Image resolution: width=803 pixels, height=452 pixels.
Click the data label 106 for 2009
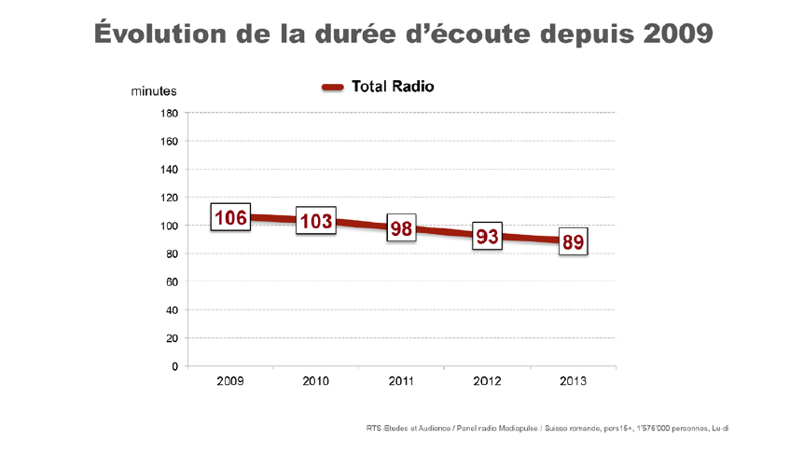click(x=230, y=218)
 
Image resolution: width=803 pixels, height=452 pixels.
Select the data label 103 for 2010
click(x=316, y=221)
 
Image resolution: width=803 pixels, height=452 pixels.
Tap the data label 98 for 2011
click(x=401, y=228)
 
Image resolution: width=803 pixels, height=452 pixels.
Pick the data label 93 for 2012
click(x=487, y=237)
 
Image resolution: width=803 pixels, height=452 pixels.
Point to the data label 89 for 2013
click(x=573, y=242)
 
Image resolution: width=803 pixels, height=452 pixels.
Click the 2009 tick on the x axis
click(x=230, y=382)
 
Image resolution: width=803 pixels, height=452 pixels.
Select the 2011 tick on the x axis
click(x=401, y=382)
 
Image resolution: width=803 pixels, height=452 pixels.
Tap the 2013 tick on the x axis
click(x=573, y=382)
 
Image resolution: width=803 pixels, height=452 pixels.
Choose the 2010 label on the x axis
click(x=316, y=382)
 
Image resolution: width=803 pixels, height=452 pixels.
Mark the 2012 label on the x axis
click(x=487, y=382)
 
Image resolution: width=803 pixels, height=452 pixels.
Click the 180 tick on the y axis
click(x=169, y=114)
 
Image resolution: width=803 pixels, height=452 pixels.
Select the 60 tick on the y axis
click(x=172, y=281)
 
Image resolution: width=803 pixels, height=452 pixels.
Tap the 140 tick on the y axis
click(x=169, y=170)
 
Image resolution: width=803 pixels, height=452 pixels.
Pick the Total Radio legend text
click(x=393, y=87)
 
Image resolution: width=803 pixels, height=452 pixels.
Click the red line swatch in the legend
click(x=334, y=88)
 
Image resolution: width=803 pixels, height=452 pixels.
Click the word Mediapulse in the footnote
click(x=518, y=428)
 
